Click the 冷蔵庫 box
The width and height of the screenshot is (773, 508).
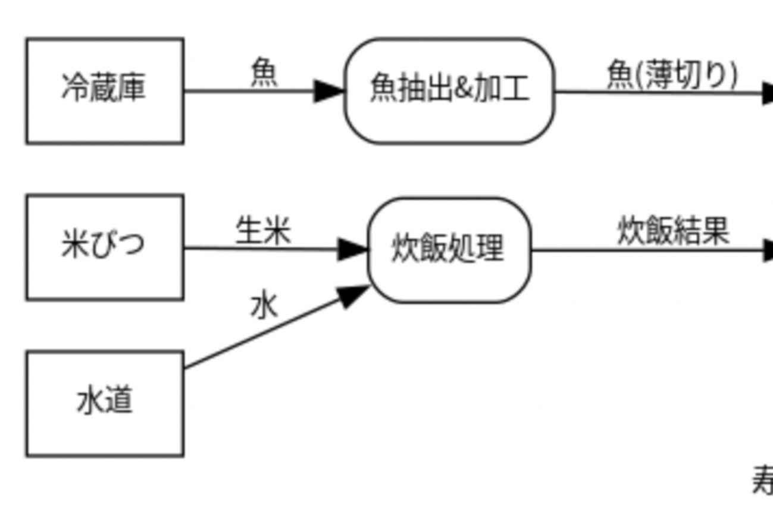(105, 90)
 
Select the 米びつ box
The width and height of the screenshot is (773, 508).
(105, 246)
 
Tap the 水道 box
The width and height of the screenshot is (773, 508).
(105, 403)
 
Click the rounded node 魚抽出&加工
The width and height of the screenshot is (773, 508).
(450, 90)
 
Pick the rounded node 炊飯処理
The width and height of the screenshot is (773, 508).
(449, 250)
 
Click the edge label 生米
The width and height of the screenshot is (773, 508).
(263, 231)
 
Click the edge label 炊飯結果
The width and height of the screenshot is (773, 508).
(673, 231)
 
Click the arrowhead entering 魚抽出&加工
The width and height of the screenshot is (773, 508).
(329, 91)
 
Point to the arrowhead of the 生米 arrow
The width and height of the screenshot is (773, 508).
(352, 249)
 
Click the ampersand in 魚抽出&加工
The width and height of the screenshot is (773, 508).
(464, 90)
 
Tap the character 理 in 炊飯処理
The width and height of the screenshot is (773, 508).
(491, 249)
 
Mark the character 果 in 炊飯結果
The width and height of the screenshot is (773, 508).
(716, 231)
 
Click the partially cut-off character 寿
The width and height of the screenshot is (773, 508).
(763, 481)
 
